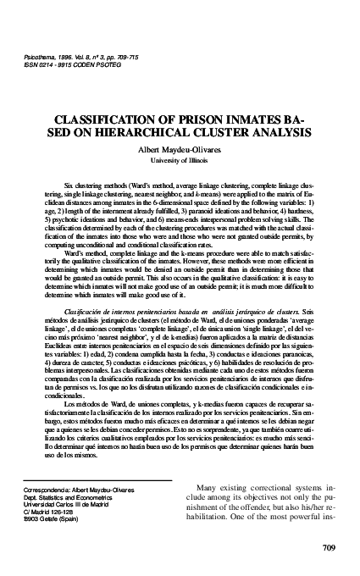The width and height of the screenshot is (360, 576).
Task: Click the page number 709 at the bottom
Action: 330,546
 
